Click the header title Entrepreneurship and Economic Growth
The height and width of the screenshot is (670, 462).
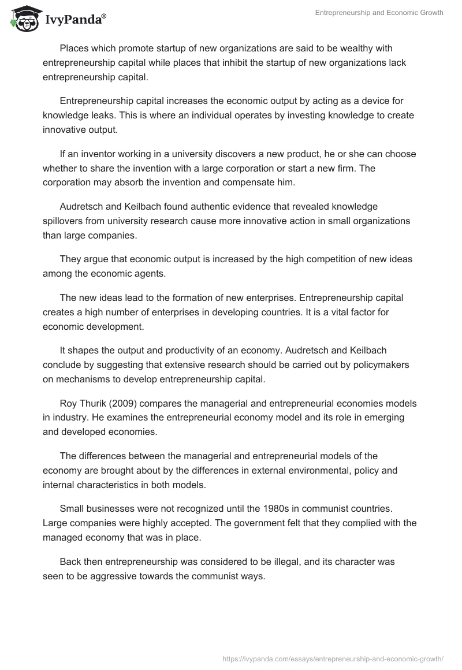(x=379, y=13)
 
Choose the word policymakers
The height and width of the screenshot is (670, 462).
(x=359, y=365)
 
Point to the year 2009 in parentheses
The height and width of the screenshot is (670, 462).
(x=131, y=404)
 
